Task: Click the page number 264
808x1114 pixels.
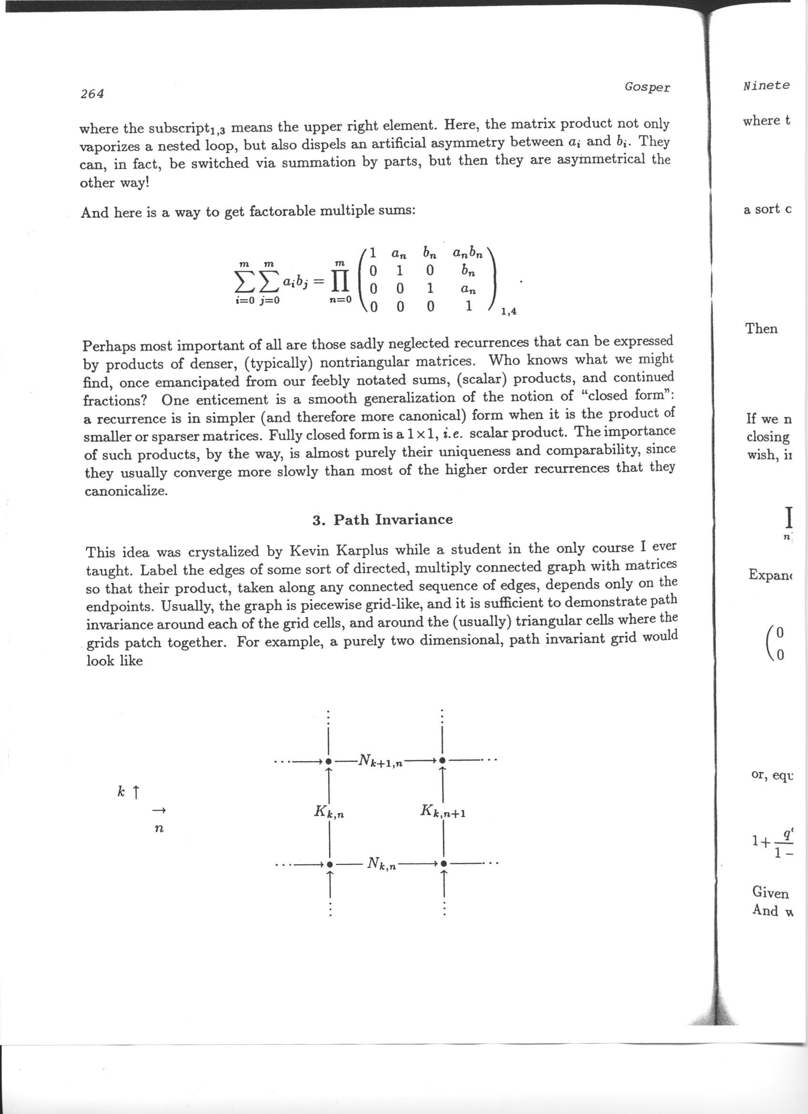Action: click(x=92, y=94)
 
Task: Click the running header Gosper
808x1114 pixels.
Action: click(x=647, y=87)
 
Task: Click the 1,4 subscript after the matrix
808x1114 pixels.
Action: click(x=508, y=311)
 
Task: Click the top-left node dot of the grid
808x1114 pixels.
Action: click(x=329, y=761)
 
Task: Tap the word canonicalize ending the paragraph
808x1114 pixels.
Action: click(x=126, y=491)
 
